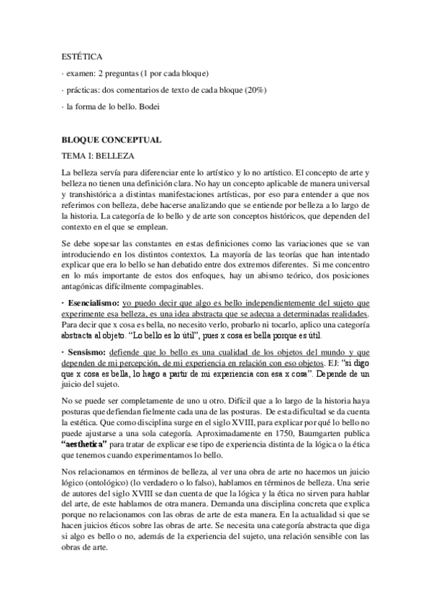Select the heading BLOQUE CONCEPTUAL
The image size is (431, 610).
[111, 140]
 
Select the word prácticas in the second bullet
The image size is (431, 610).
[86, 89]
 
